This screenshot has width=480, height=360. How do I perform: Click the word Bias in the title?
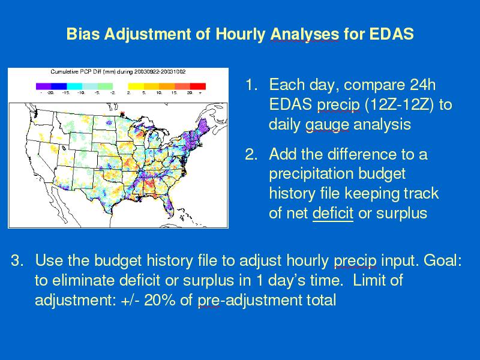tap(83, 34)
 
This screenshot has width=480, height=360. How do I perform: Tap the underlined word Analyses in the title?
tap(305, 34)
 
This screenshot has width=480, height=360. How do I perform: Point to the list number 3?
tap(17, 260)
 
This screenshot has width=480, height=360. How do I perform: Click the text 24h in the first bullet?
tap(423, 85)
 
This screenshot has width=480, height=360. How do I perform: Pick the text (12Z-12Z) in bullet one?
tap(399, 104)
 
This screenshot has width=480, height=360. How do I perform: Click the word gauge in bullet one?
tap(327, 125)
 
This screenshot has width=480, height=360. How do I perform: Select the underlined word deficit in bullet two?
tap(333, 213)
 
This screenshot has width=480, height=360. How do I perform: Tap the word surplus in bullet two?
tap(401, 214)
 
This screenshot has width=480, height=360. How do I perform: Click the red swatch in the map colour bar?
tap(198, 86)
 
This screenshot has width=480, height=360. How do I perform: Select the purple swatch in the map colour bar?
tap(43, 86)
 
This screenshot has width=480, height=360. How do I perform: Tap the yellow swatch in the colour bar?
tap(136, 86)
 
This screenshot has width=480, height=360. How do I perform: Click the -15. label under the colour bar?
tap(65, 93)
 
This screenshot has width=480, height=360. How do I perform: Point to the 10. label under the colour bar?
tap(159, 93)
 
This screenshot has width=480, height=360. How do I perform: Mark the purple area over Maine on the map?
tap(202, 126)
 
